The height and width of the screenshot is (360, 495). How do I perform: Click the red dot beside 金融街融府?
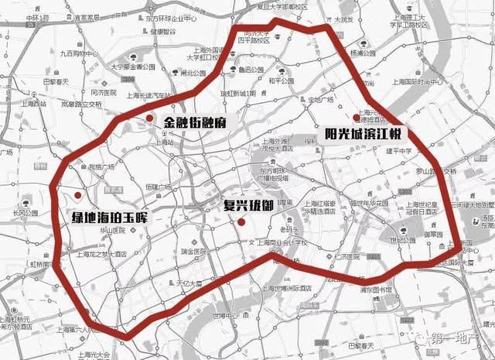[148, 117]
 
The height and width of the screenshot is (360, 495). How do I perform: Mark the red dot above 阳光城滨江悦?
[355, 117]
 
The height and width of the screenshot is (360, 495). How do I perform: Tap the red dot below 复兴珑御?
[242, 223]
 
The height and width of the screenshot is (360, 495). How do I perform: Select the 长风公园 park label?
[20, 214]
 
